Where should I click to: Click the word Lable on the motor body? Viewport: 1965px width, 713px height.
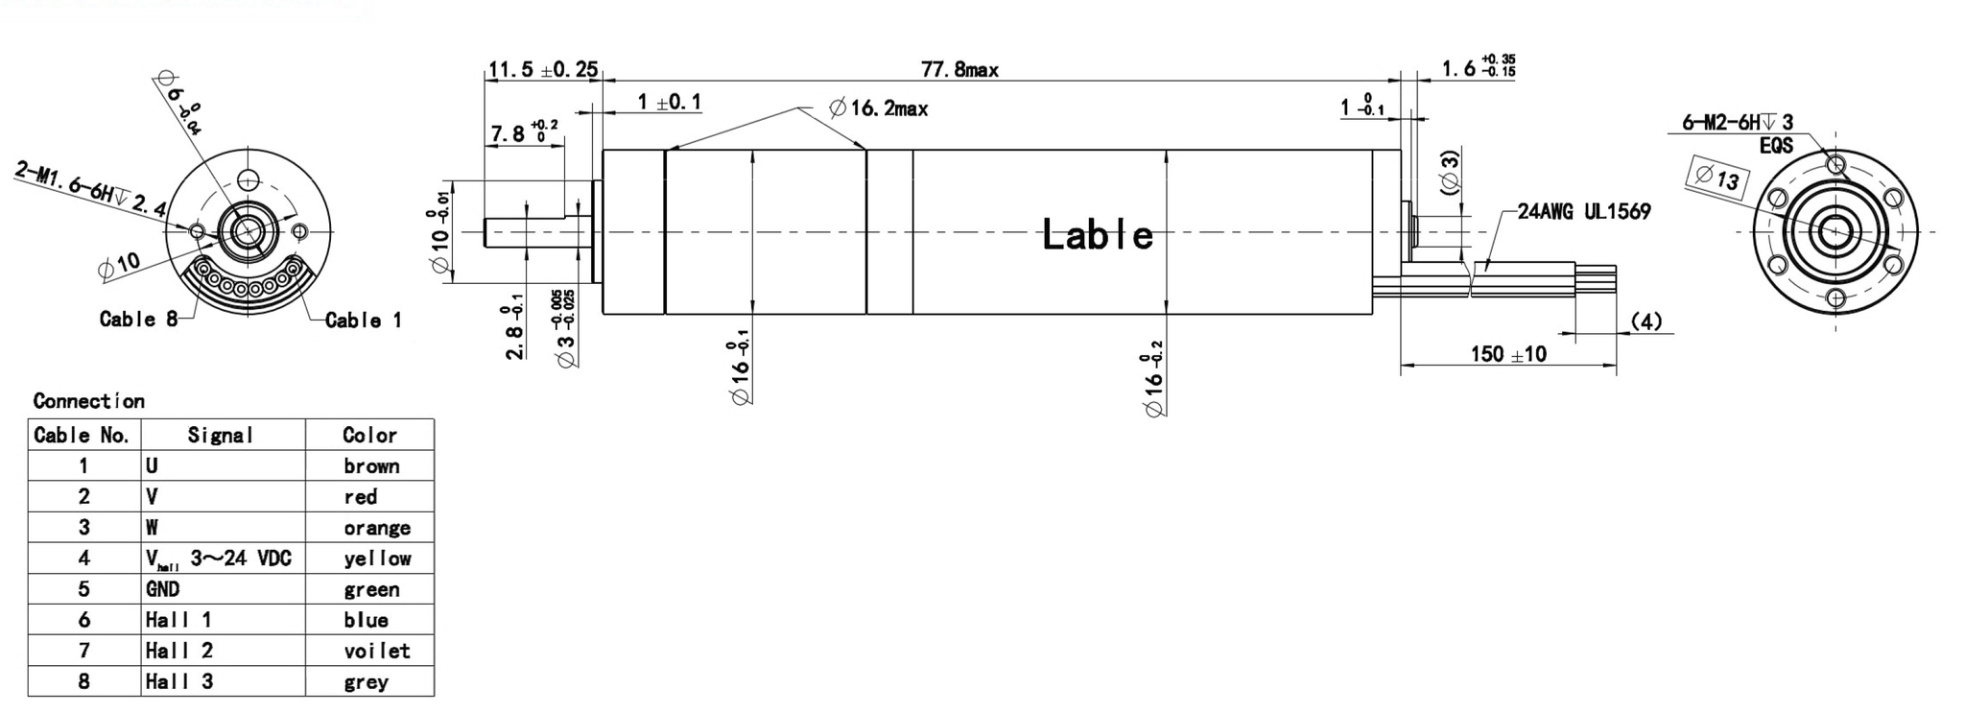coord(1098,235)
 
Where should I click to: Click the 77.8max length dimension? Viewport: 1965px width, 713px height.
coord(959,70)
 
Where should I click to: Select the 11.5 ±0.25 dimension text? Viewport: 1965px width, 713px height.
coord(543,70)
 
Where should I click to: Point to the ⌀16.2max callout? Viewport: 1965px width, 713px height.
coord(879,108)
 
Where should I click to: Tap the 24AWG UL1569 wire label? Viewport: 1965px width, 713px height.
coord(1584,212)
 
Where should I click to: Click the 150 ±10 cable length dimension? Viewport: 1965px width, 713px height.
coord(1508,354)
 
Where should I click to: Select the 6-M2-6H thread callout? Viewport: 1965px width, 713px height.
coord(1738,123)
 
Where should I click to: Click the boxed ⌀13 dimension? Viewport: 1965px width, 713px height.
coord(1717,178)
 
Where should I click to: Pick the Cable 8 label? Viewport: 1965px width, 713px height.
coord(138,320)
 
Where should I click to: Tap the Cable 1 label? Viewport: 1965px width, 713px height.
coord(363,321)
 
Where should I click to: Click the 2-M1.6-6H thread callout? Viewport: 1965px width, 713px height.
coord(91,191)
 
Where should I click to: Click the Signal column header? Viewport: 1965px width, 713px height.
coord(221,436)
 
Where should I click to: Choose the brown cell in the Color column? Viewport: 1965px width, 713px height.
coord(371,466)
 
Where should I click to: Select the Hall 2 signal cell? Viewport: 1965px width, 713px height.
coord(179,651)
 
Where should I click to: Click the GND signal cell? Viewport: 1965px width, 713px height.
coord(163,589)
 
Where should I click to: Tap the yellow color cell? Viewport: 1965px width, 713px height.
coord(377,559)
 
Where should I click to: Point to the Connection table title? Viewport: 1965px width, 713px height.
coord(88,401)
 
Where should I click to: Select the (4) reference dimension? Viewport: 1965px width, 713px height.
coord(1646,321)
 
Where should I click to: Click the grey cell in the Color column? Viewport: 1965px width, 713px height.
coord(366,682)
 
